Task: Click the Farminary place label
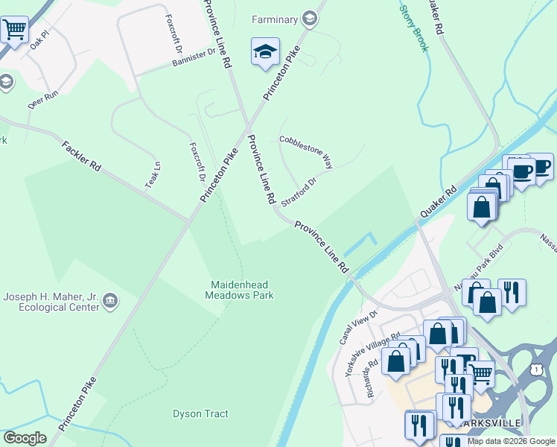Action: click(x=275, y=19)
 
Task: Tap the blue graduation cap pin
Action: click(x=264, y=52)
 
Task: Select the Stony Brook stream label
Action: click(x=414, y=28)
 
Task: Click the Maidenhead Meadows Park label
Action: click(x=240, y=290)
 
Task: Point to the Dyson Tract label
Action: click(x=200, y=413)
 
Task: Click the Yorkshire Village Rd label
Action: click(x=372, y=352)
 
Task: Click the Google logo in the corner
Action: click(x=25, y=438)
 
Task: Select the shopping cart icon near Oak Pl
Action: click(x=13, y=31)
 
